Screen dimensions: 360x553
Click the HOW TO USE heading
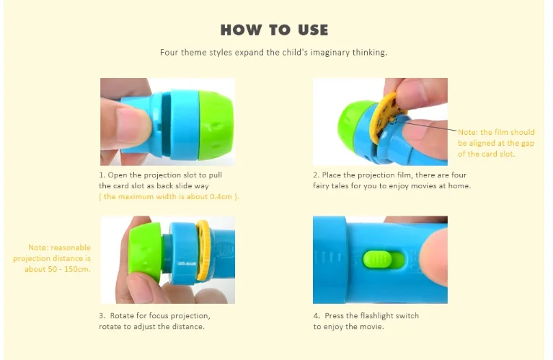(x=274, y=30)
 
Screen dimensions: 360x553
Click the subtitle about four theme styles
(x=274, y=53)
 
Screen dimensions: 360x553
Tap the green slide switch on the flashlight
(x=380, y=259)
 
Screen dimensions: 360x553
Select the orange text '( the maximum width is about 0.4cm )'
(x=169, y=196)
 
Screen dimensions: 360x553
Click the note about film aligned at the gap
(x=496, y=143)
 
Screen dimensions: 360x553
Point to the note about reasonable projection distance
(x=52, y=258)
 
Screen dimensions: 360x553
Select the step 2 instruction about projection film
(x=391, y=180)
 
